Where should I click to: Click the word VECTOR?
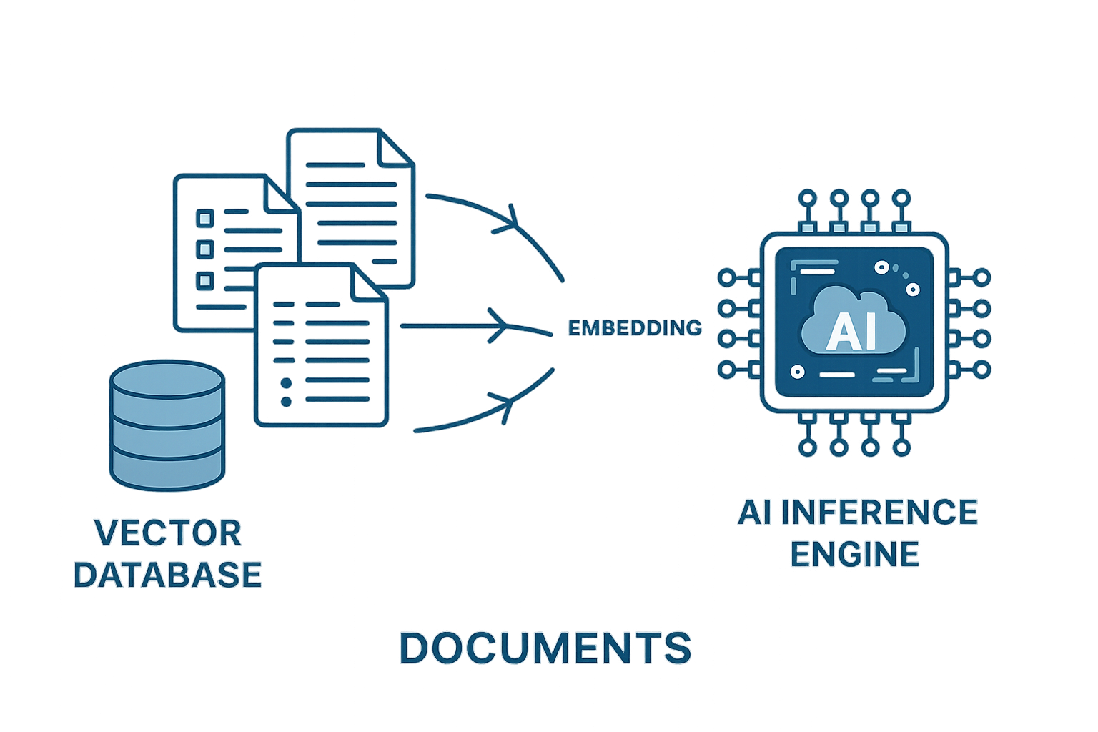[x=168, y=533]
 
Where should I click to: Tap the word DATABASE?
[x=168, y=575]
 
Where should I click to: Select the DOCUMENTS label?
[x=545, y=648]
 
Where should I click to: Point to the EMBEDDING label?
[x=634, y=328]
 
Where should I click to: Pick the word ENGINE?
[x=855, y=554]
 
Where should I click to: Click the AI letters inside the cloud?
[x=851, y=332]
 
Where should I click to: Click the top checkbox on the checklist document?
[x=205, y=217]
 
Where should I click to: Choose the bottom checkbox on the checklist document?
[x=205, y=280]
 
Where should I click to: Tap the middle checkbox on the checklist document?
[x=205, y=249]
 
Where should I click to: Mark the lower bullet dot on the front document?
[x=286, y=402]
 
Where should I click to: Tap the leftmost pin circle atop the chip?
[x=808, y=197]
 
